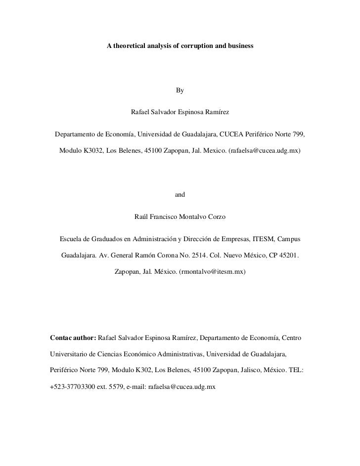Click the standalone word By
pos(180,90)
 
